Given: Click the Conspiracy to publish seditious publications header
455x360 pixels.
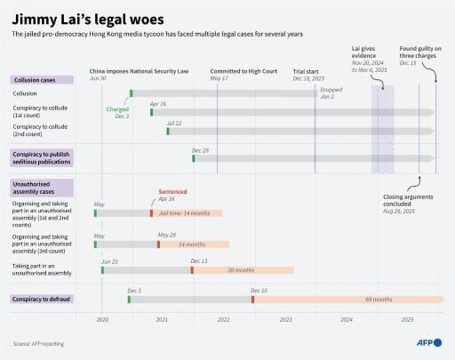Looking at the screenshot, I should (x=44, y=157).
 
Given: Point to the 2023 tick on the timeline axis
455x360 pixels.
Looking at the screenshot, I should (x=285, y=318).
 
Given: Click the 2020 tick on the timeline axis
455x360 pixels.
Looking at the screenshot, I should (x=101, y=318).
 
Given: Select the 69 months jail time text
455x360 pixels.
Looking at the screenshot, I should (x=378, y=300).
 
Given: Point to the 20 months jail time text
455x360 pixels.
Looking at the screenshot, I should (x=241, y=270).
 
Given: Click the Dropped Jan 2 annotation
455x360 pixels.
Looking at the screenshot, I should (x=331, y=92).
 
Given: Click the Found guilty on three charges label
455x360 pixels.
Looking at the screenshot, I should (x=420, y=56).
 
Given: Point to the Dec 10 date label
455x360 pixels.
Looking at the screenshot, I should (x=259, y=291).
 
